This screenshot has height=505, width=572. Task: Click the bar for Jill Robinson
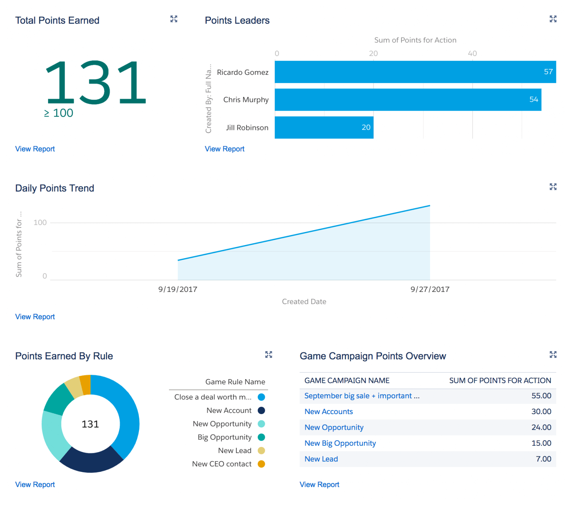tap(324, 127)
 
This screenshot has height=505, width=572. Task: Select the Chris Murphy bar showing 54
tap(408, 99)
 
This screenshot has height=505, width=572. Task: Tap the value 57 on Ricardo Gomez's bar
tap(548, 72)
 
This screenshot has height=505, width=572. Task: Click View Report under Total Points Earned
tap(35, 149)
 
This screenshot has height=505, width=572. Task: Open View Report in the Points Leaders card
tap(225, 149)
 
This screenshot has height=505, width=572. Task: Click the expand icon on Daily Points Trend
tap(553, 187)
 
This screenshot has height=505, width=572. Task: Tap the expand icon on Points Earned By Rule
tap(268, 355)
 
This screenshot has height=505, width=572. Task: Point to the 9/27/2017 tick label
tap(430, 289)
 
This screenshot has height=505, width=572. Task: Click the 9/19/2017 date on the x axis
tap(178, 289)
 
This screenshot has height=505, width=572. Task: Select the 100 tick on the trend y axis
tap(40, 223)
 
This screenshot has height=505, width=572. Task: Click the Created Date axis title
tap(304, 302)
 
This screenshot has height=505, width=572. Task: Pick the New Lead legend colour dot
tap(261, 451)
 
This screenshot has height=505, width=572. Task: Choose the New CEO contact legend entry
tap(222, 464)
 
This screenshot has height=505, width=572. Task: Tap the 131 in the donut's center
tap(90, 424)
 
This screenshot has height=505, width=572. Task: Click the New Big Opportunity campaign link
tap(340, 443)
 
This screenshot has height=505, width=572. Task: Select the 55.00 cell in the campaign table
tap(541, 396)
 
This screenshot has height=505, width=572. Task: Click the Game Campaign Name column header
tap(347, 381)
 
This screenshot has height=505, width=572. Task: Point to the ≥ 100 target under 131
tap(59, 113)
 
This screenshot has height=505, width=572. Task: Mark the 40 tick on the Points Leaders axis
tap(472, 53)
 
